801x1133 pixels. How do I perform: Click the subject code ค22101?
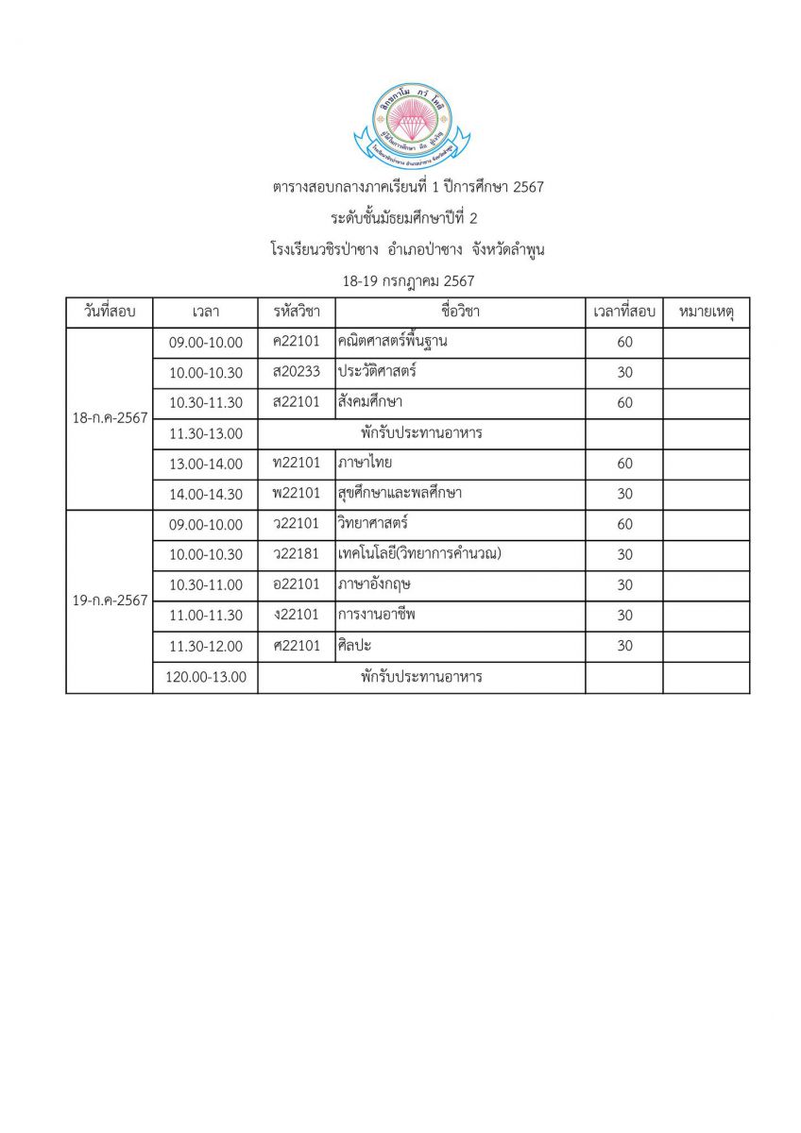tap(296, 342)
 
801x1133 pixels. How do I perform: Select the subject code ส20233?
tap(296, 372)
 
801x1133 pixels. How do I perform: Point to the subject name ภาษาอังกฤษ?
tap(374, 584)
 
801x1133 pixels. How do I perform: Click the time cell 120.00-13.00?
tap(206, 677)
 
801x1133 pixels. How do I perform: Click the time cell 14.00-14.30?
tap(206, 494)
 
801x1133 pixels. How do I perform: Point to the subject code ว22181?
tap(296, 554)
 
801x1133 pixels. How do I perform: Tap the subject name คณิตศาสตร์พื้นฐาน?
tap(392, 342)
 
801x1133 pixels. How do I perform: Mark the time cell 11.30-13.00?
tap(206, 433)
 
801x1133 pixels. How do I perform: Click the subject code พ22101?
tap(296, 494)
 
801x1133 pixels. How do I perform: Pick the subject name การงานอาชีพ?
tap(376, 616)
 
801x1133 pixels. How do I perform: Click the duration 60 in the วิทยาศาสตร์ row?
tap(624, 524)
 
